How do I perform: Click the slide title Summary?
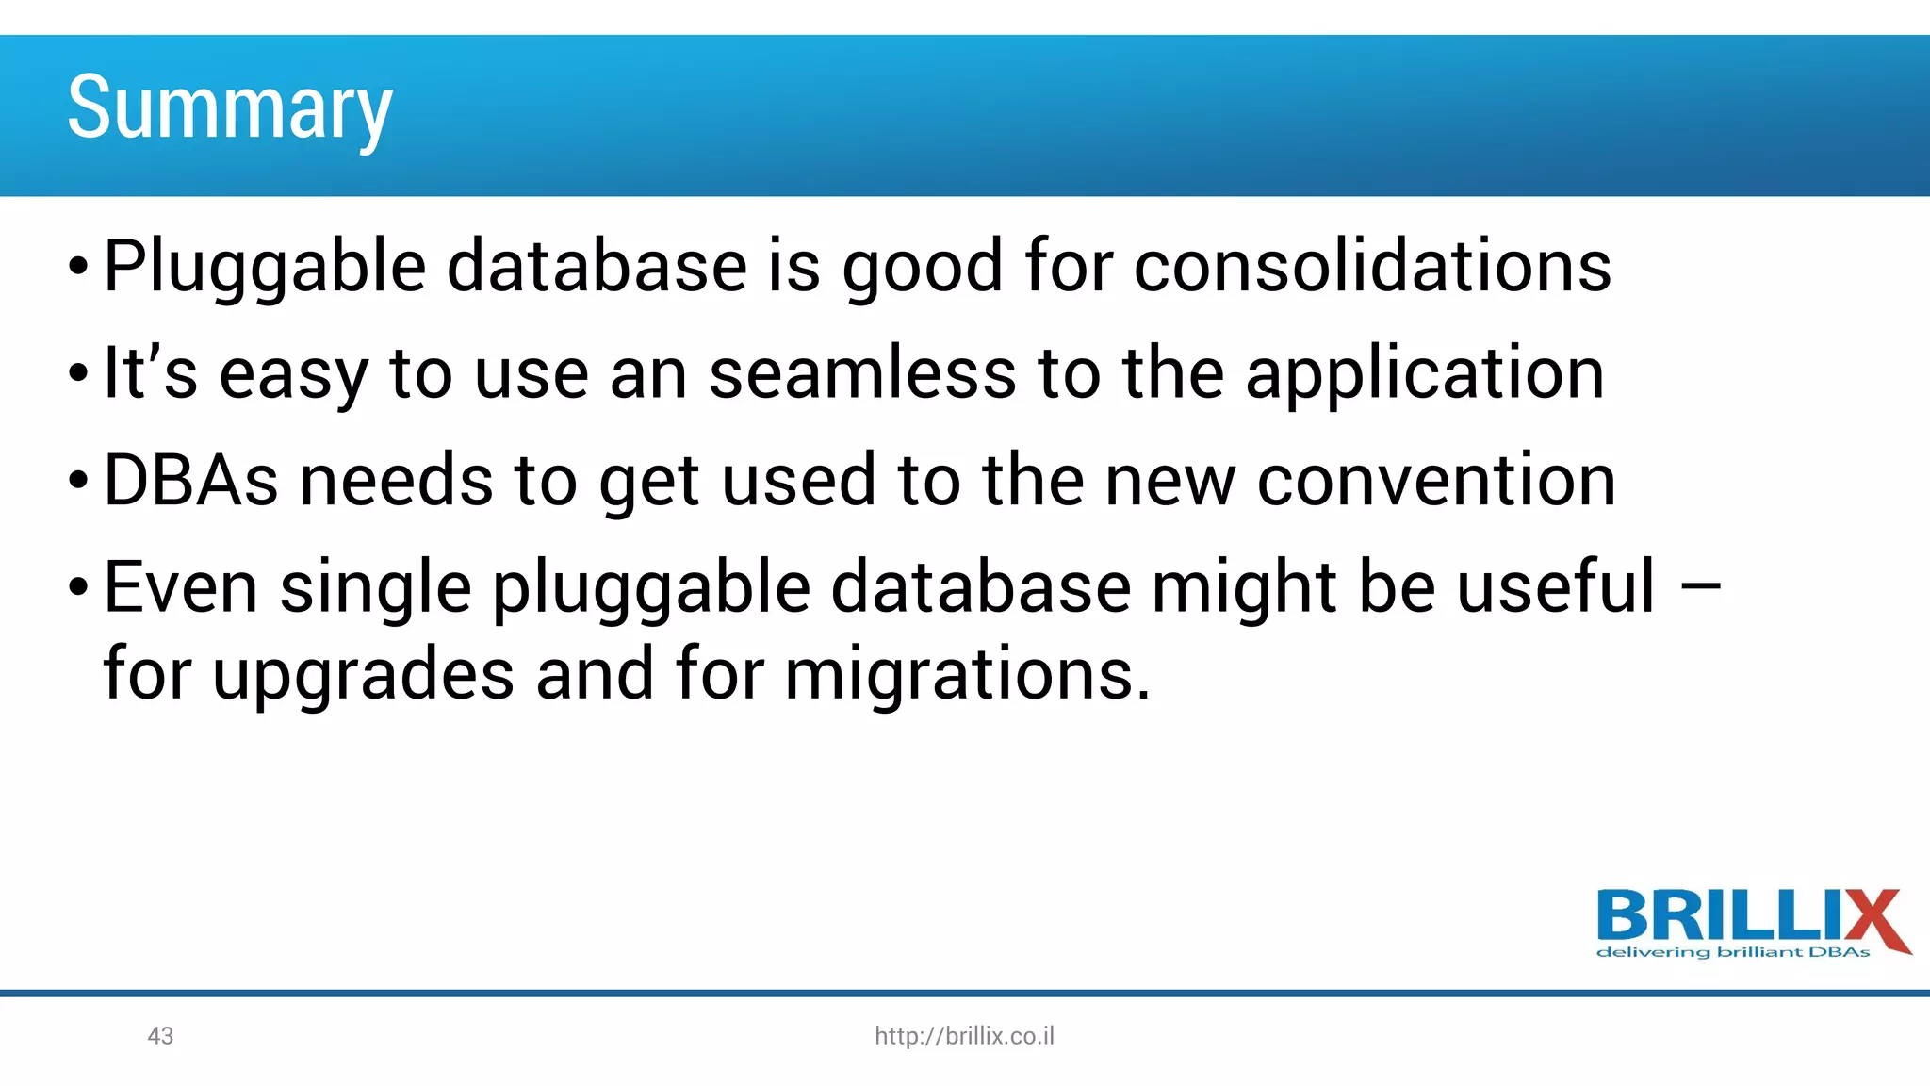[229, 109]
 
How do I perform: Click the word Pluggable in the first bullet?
[264, 268]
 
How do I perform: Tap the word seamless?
[862, 373]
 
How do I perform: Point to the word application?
[1425, 375]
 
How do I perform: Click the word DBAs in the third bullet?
[190, 481]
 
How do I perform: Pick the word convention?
[1436, 481]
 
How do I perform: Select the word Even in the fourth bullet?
[180, 587]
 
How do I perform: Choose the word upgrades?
[363, 676]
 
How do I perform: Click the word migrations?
[967, 676]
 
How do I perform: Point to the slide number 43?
[160, 1036]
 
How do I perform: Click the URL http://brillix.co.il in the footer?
[964, 1036]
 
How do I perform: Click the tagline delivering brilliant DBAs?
[1732, 953]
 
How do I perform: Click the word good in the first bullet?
[922, 268]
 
